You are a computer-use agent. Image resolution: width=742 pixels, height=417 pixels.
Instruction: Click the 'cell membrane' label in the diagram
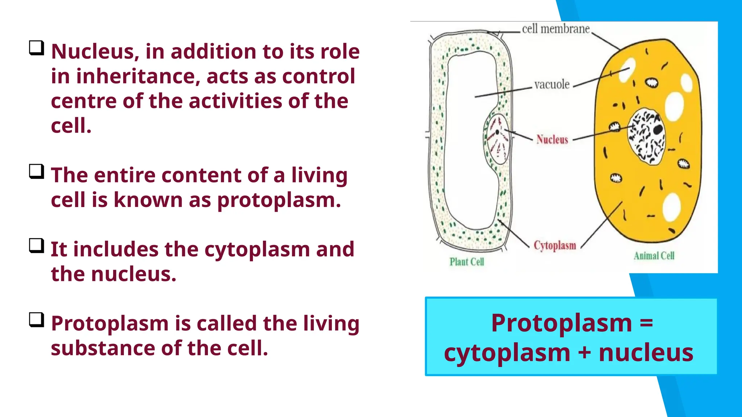pos(556,29)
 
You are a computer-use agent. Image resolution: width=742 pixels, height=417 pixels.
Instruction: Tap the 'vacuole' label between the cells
pos(552,85)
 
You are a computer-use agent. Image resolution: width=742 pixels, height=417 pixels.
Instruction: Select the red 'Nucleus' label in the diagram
pos(552,139)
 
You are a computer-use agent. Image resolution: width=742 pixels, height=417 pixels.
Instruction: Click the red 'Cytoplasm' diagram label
pos(555,245)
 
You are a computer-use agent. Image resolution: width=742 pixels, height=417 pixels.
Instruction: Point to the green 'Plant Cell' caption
pos(467,262)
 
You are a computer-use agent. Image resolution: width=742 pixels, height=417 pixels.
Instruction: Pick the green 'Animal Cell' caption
pos(654,256)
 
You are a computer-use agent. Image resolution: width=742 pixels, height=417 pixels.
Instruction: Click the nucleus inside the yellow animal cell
pos(647,136)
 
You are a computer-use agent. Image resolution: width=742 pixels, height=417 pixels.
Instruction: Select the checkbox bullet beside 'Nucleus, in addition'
pos(37,48)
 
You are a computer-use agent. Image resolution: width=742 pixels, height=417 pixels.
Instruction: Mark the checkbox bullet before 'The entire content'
pos(37,172)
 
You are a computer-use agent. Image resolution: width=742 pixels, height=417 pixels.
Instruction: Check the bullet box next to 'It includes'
pos(37,246)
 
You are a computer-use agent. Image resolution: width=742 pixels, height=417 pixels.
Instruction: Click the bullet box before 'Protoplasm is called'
pos(37,320)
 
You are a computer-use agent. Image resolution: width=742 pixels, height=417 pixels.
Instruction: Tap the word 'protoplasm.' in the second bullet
pos(279,200)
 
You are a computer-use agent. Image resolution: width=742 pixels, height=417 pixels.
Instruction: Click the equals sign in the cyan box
pos(646,323)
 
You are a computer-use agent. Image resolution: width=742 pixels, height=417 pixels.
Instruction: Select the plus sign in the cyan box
pos(584,352)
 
